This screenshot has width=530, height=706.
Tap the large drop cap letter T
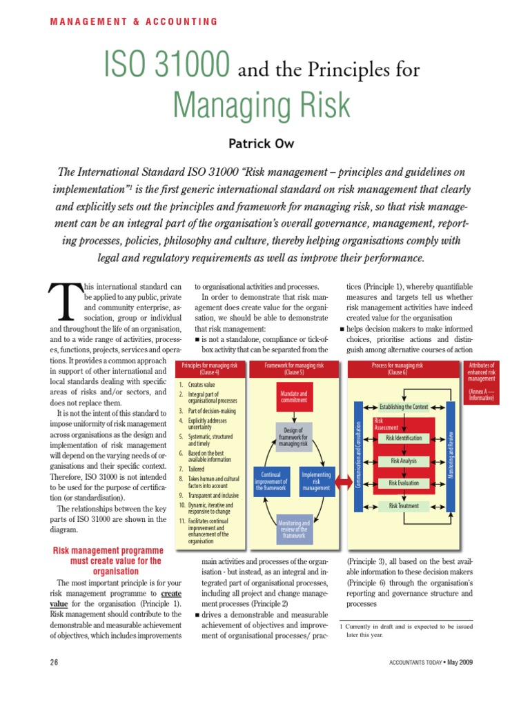click(64, 303)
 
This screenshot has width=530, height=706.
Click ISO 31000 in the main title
click(166, 65)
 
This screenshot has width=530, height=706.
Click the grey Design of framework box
click(294, 437)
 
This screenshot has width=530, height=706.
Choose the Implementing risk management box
click(317, 481)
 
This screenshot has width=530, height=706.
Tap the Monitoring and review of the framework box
click(294, 529)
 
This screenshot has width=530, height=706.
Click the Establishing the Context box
click(404, 407)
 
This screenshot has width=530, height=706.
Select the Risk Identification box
click(404, 438)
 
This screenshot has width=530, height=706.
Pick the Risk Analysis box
click(404, 461)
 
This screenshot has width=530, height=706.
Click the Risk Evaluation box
click(404, 483)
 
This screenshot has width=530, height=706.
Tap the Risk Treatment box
click(404, 506)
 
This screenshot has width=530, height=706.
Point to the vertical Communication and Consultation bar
click(358, 456)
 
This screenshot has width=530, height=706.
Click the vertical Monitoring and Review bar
click(451, 456)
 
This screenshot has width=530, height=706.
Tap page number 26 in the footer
click(55, 663)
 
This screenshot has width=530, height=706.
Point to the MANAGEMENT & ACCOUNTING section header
click(134, 21)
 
